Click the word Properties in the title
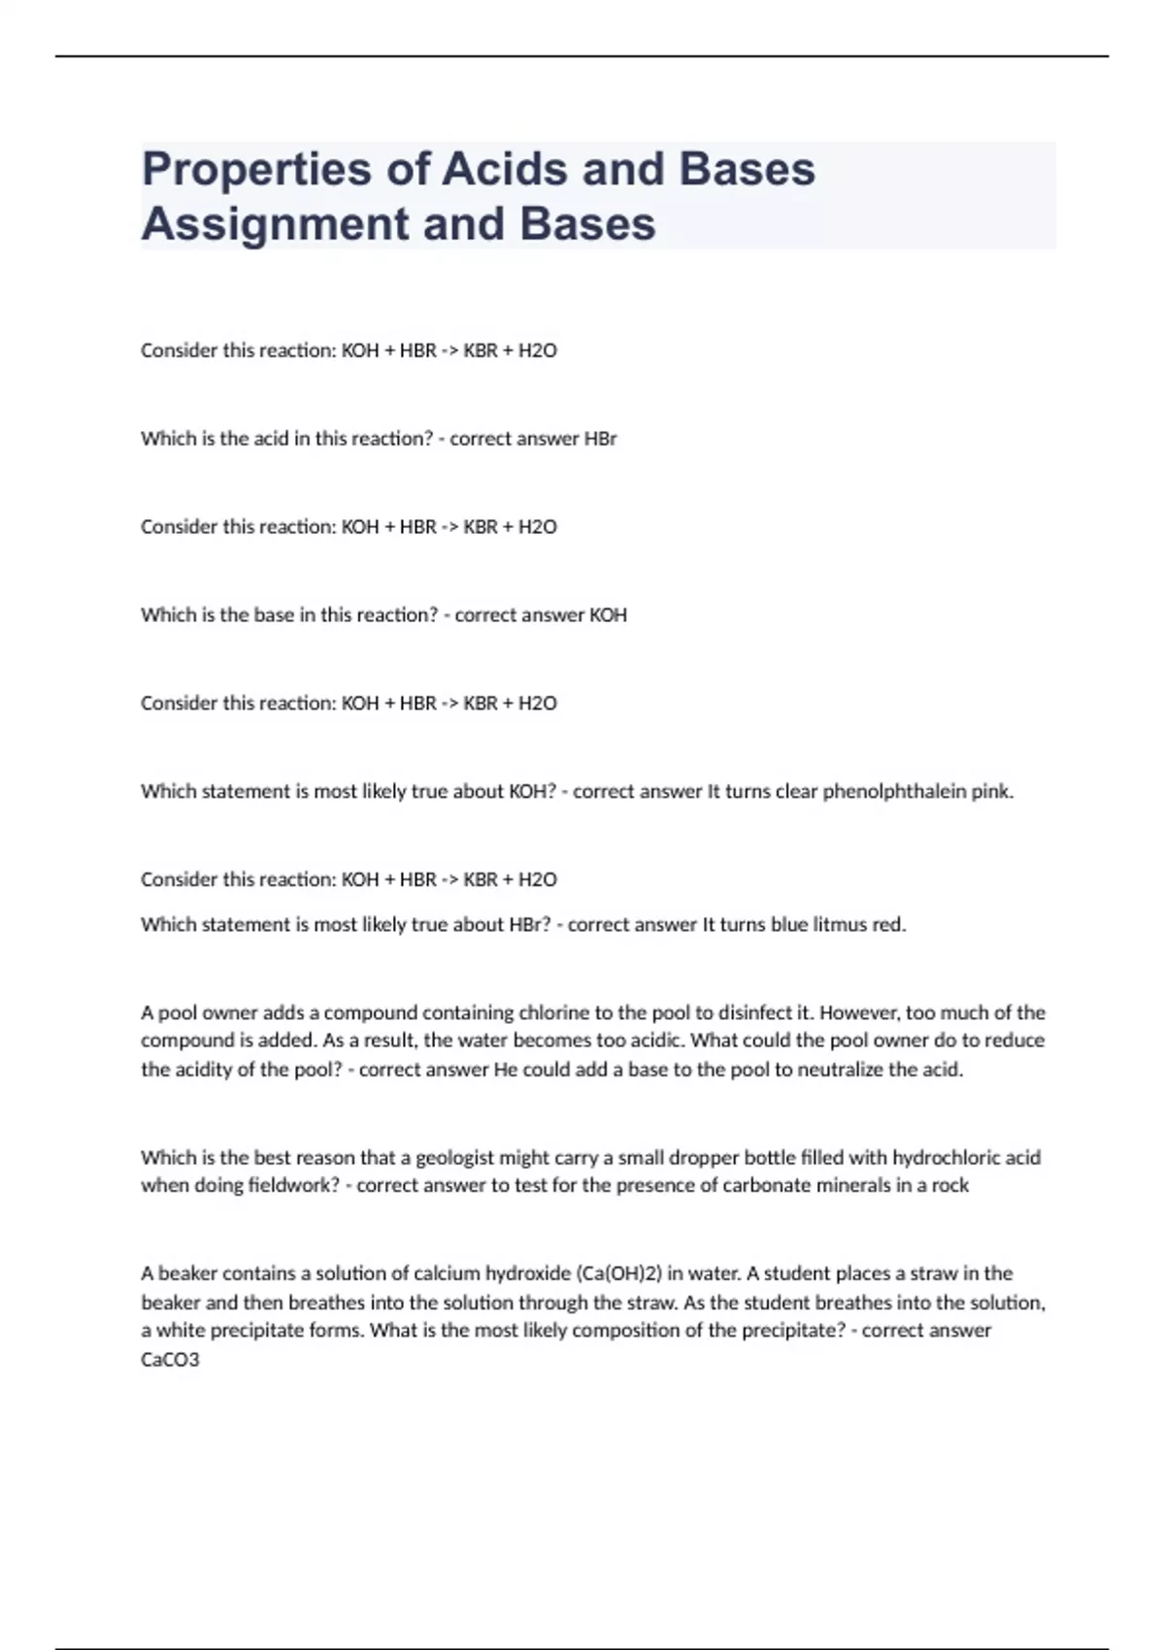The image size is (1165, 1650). click(256, 170)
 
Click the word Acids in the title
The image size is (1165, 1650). click(505, 170)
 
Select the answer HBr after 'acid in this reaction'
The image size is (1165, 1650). click(600, 439)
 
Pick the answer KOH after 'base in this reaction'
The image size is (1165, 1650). click(608, 615)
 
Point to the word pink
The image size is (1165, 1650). click(992, 792)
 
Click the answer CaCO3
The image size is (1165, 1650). click(170, 1360)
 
